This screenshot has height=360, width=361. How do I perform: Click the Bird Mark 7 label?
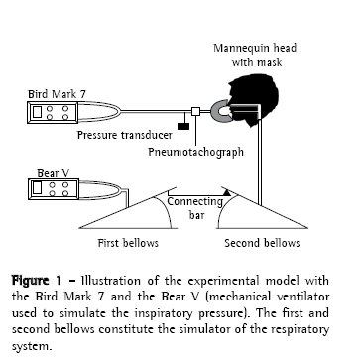point(57,94)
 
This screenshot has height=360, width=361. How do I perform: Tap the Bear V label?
point(53,173)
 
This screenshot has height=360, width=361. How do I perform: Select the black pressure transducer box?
point(183,126)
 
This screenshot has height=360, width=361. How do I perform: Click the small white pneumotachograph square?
point(195,111)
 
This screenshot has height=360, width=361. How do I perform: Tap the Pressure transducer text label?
point(125,135)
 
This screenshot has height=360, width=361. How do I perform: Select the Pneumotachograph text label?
point(195,152)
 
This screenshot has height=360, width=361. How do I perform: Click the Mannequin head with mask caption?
point(256,55)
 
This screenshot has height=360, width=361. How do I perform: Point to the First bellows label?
point(128,243)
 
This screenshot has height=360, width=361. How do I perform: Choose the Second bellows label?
point(262,243)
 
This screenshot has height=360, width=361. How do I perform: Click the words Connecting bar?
point(195,208)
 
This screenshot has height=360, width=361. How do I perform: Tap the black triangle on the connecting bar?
point(226,192)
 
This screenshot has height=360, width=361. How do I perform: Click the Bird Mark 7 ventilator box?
point(53,113)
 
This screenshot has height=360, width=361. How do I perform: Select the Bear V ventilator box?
point(54,189)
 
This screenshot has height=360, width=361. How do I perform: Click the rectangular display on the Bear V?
point(38,188)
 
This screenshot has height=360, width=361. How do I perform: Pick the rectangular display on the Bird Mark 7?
point(38,112)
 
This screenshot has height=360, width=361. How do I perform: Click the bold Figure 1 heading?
point(37,281)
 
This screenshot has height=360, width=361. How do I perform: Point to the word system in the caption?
point(32,347)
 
